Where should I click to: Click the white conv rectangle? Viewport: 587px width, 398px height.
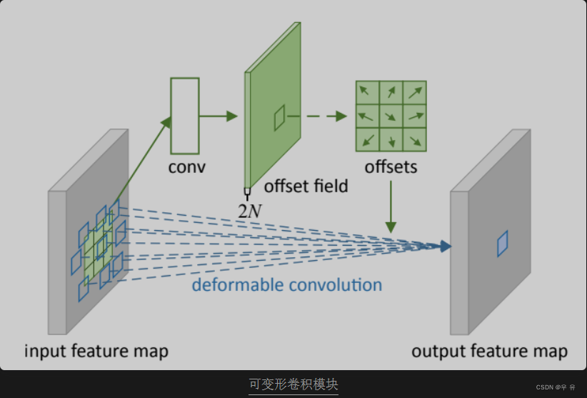pyautogui.click(x=184, y=116)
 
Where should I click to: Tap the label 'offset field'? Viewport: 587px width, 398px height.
pyautogui.click(x=306, y=186)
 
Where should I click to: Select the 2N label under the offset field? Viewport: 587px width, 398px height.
pyautogui.click(x=250, y=210)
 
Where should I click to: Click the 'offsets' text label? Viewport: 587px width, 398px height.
pyautogui.click(x=391, y=167)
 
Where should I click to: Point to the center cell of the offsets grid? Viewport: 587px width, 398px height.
pyautogui.click(x=391, y=115)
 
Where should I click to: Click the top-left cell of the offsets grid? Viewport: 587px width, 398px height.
pyautogui.click(x=367, y=92)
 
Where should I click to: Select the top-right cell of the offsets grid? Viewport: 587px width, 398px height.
pyautogui.click(x=414, y=92)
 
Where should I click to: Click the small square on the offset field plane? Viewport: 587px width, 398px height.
pyautogui.click(x=279, y=117)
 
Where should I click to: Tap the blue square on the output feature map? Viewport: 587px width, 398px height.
pyautogui.click(x=502, y=243)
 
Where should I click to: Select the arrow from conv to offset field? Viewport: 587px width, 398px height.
pyautogui.click(x=218, y=116)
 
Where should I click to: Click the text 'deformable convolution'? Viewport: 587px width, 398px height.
pyautogui.click(x=286, y=285)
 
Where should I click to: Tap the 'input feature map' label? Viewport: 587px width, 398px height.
pyautogui.click(x=96, y=351)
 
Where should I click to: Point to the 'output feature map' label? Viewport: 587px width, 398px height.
pyautogui.click(x=489, y=351)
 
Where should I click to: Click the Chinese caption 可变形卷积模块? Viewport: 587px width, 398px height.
pyautogui.click(x=293, y=384)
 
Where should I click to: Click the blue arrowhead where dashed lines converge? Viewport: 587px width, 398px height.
pyautogui.click(x=445, y=247)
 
